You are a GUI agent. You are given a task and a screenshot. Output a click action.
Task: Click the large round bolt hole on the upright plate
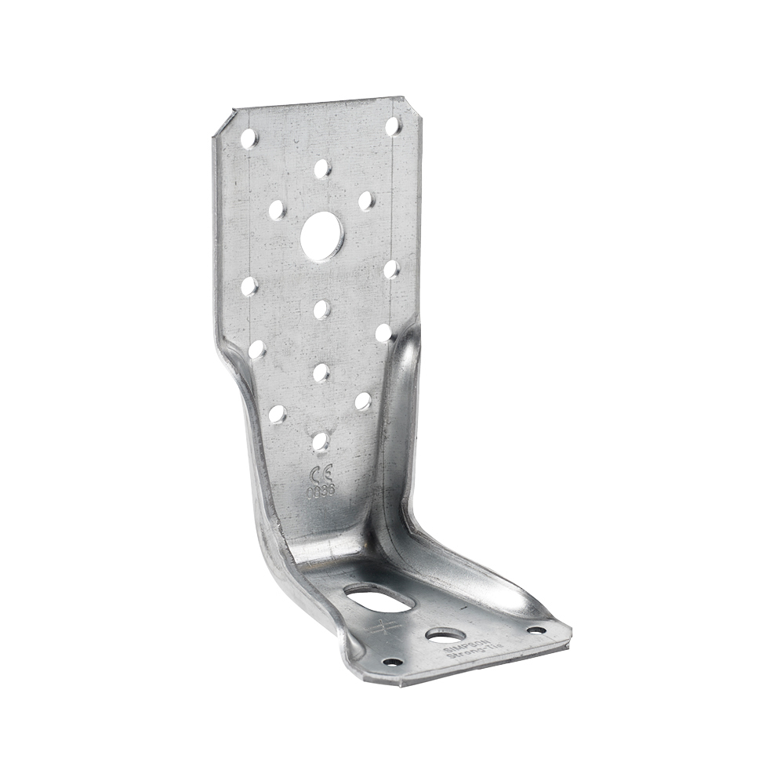[x=321, y=233]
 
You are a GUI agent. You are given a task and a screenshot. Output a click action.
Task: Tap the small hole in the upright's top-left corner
[x=249, y=139]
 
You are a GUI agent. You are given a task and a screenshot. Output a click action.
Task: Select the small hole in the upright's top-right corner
[x=392, y=126]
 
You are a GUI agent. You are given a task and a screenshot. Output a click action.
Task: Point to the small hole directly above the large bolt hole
[x=321, y=169]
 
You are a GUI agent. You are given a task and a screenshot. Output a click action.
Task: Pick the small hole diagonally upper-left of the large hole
[x=276, y=209]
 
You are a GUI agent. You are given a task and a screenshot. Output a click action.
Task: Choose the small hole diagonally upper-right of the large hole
[x=366, y=201]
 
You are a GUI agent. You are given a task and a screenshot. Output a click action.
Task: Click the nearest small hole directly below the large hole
[x=321, y=309]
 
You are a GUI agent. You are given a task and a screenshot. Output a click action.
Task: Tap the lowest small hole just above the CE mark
[x=321, y=442]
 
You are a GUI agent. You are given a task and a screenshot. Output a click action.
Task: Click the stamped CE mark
[x=321, y=474]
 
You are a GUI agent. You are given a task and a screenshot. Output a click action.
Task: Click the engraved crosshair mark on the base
[x=383, y=627]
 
